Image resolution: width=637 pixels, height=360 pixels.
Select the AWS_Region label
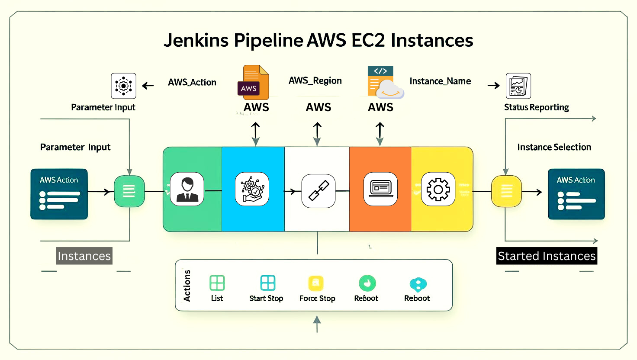pos(315,81)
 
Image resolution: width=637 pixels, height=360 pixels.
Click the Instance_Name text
pos(440,81)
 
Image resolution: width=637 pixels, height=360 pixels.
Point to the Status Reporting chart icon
pos(518,86)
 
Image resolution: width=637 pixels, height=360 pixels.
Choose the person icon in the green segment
pos(187,189)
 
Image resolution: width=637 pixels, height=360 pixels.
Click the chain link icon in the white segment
pos(318,191)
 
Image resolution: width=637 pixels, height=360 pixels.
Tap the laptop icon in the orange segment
pos(380,189)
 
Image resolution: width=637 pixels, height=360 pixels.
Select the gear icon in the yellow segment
pos(438,189)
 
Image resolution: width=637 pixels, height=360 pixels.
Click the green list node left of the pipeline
pos(129,191)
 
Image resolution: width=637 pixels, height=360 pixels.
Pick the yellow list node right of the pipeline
pos(506,191)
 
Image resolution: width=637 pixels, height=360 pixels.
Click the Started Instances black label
pos(547,256)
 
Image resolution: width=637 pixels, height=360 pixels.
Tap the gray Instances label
pos(84,256)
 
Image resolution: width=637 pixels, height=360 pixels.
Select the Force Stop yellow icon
pos(316,283)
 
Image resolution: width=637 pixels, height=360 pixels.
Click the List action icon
pos(217,283)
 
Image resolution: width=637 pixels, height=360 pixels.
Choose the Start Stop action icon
pos(267,283)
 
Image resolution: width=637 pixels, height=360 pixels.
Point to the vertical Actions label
pos(187,286)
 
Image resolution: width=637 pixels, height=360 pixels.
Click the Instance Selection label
pos(554,148)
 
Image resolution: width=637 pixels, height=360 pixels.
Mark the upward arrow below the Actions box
pos(317,324)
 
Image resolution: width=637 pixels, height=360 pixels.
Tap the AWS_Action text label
pos(192,83)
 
